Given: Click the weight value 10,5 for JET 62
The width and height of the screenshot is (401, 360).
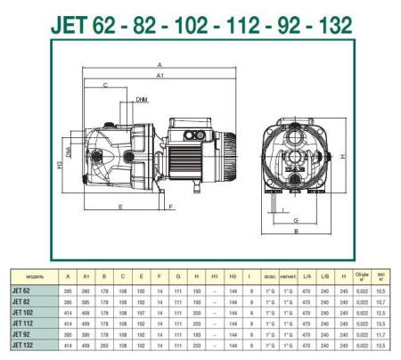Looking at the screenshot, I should click(381, 292).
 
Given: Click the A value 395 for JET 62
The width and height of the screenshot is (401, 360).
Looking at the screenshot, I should click(68, 292).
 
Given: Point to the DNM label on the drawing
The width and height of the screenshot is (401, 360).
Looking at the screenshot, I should click(143, 102).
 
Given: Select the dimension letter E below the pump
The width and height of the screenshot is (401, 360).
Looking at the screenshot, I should click(119, 207).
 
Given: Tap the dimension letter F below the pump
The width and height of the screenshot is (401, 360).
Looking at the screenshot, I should click(170, 207).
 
